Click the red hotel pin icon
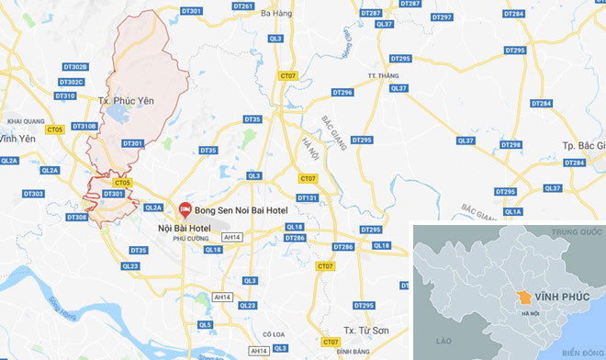point(185,209)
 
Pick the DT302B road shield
point(76,67)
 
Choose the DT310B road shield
point(84,126)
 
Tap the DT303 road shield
point(33,194)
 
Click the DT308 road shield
point(76,218)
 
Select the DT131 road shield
point(307,197)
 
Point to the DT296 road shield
point(342,93)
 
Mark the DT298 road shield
point(511,145)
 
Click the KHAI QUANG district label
point(26,120)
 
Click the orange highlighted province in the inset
point(523,298)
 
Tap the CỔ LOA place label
point(275,334)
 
